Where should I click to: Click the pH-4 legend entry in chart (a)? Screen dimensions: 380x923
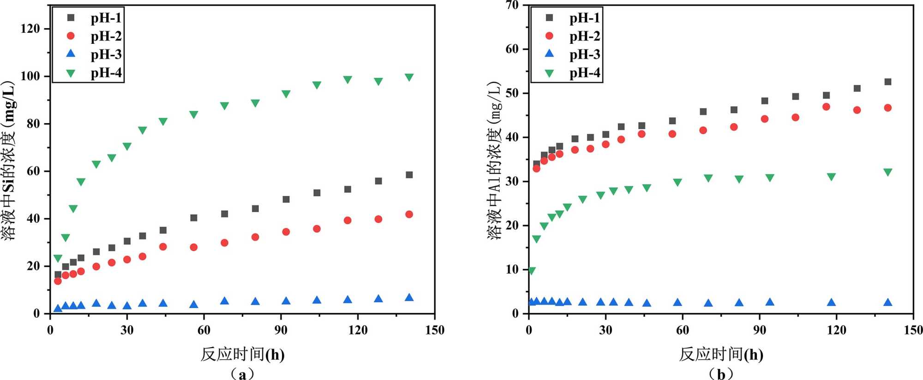pyautogui.click(x=106, y=73)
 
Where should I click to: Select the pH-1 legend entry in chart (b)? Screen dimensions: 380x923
pyautogui.click(x=584, y=18)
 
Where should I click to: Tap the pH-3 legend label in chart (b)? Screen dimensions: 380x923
pyautogui.click(x=584, y=54)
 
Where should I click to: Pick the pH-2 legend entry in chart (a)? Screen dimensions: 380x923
pyautogui.click(x=106, y=36)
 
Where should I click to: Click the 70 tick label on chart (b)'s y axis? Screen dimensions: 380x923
pyautogui.click(x=512, y=5)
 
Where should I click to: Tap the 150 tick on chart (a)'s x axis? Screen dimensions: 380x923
pyautogui.click(x=434, y=330)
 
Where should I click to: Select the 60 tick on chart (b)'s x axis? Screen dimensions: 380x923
pyautogui.click(x=682, y=330)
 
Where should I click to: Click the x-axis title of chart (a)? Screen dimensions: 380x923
pyautogui.click(x=242, y=354)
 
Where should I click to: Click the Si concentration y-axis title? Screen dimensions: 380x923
pyautogui.click(x=9, y=160)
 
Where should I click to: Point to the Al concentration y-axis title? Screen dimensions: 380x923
pyautogui.click(x=494, y=160)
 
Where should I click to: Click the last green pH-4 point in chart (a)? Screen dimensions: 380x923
pyautogui.click(x=409, y=77)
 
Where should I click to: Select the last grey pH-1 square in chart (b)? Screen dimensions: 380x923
pyautogui.click(x=887, y=82)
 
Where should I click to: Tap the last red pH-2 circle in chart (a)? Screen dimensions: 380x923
pyautogui.click(x=409, y=214)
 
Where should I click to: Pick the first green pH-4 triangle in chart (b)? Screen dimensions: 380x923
pyautogui.click(x=531, y=271)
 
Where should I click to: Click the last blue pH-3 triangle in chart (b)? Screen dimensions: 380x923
pyautogui.click(x=887, y=303)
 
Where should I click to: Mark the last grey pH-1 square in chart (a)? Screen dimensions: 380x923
pyautogui.click(x=409, y=175)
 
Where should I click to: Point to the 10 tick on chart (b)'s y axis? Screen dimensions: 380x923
pyautogui.click(x=512, y=269)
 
